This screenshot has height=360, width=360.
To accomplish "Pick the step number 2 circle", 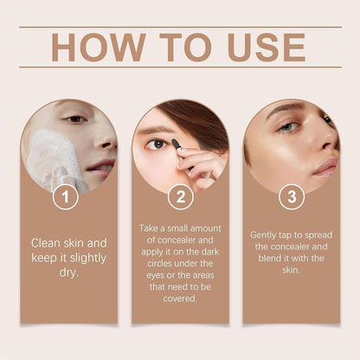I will (x=180, y=198).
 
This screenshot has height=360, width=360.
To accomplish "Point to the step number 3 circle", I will (x=291, y=198).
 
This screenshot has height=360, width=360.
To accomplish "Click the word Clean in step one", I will (x=48, y=243).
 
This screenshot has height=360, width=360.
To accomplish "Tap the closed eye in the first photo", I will (x=78, y=119).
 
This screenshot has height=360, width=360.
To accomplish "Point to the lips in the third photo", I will (x=325, y=164).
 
